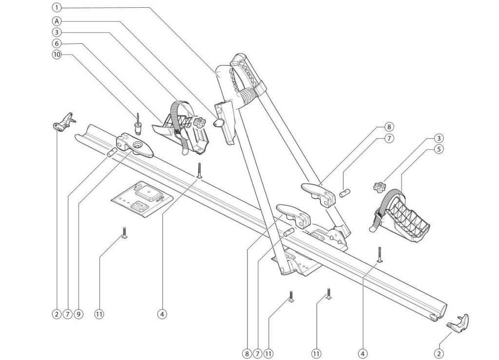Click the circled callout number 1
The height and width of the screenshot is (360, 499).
tap(57, 8)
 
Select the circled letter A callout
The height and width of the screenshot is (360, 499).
tap(57, 21)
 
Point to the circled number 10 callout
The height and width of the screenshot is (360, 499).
tap(57, 55)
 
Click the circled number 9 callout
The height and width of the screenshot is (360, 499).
tap(78, 314)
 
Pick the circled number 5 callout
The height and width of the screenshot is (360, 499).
tap(439, 150)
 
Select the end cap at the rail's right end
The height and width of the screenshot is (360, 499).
tap(459, 324)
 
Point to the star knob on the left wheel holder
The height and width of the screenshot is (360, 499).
tap(199, 123)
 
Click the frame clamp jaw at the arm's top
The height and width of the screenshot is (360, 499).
tap(249, 73)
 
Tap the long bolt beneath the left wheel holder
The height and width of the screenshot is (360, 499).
tap(199, 170)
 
